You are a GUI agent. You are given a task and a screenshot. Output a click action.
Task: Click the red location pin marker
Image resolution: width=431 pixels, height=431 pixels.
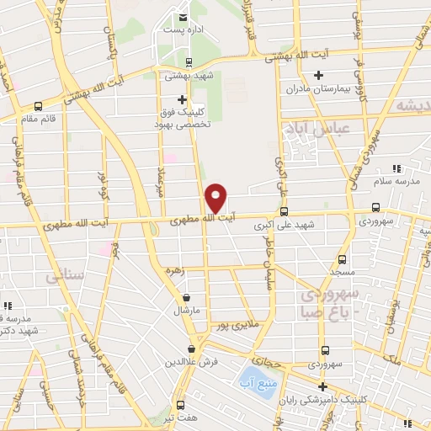point(216,197)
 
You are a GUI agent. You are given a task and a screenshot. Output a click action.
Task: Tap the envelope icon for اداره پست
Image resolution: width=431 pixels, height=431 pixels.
point(183,17)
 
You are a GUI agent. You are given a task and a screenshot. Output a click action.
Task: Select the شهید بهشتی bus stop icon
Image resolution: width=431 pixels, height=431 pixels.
point(188,61)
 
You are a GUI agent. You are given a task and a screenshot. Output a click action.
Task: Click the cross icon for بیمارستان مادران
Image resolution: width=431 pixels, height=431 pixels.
point(317,76)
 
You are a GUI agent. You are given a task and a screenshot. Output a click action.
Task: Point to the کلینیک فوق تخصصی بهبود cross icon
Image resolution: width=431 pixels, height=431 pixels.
point(182,99)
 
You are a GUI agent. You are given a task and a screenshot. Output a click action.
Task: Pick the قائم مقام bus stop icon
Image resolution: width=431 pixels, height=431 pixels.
point(38,106)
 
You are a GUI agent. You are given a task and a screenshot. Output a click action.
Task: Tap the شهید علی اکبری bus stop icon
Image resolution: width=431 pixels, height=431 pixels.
point(284,211)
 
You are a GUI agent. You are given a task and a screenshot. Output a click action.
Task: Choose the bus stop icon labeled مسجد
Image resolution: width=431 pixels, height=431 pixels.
point(342,259)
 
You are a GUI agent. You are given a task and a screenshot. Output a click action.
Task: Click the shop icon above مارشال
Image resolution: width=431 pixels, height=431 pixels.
point(186,297)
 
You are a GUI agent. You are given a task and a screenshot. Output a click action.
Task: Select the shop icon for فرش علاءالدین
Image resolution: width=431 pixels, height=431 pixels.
point(192,348)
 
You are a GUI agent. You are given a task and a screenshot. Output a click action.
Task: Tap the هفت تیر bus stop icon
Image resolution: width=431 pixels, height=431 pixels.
point(178,404)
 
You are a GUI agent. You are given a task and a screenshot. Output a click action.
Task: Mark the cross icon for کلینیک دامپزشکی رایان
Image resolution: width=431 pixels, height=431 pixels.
point(322,386)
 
